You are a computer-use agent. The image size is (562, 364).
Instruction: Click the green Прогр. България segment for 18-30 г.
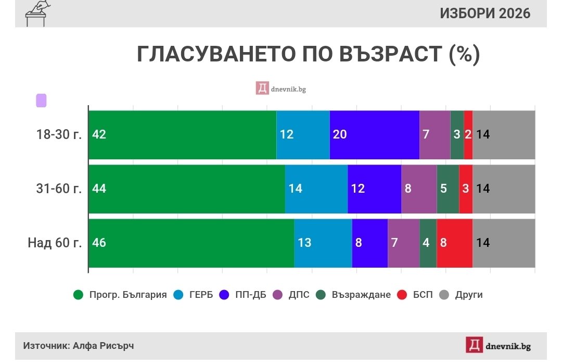[x=182, y=134]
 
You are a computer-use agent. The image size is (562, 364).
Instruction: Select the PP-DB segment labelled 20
[x=374, y=134]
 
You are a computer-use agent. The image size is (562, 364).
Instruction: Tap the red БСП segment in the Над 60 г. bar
[x=454, y=243]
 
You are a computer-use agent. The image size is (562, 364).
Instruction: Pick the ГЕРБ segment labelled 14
[x=316, y=189]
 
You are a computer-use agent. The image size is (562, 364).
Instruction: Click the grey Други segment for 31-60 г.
[x=503, y=189]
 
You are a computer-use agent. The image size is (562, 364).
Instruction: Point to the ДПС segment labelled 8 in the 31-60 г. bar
[x=418, y=189]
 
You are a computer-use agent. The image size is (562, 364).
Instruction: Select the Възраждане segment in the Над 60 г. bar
[x=428, y=243]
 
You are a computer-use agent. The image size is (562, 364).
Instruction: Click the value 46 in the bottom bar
[x=99, y=243]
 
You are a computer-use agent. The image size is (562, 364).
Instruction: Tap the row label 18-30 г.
[x=59, y=134]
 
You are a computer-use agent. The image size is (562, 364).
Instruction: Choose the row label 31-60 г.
[x=59, y=189]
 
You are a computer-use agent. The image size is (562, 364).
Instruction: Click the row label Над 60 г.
[x=55, y=243]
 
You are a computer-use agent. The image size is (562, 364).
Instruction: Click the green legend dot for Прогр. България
[x=78, y=295]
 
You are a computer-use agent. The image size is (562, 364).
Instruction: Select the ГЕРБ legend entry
[x=195, y=295]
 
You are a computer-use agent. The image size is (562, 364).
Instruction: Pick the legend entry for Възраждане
[x=354, y=295]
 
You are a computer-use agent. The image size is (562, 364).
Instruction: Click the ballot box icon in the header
[x=36, y=13]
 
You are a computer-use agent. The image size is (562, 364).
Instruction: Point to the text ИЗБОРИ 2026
[x=485, y=14]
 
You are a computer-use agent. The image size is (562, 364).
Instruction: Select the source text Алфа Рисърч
[x=103, y=346]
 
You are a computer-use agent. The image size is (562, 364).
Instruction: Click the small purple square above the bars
[x=41, y=101]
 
